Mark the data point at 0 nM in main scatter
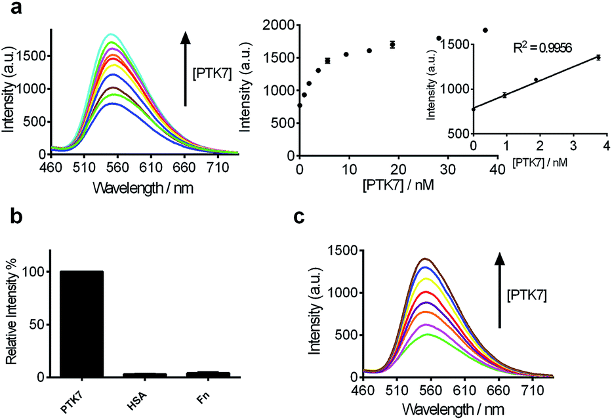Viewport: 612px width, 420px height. pyautogui.click(x=300, y=105)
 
